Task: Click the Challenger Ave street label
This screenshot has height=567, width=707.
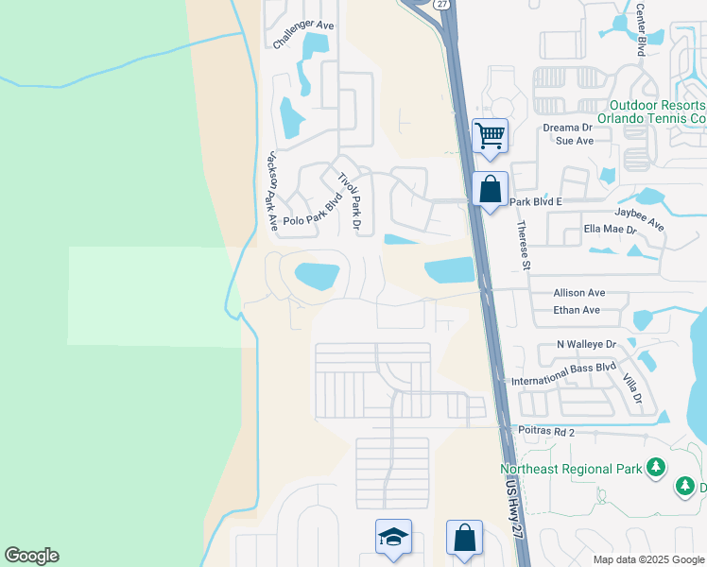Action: pyautogui.click(x=303, y=34)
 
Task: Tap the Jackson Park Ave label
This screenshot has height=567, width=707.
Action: pyautogui.click(x=272, y=191)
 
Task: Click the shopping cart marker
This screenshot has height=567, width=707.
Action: pyautogui.click(x=490, y=135)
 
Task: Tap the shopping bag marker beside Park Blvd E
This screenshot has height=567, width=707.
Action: pyautogui.click(x=491, y=188)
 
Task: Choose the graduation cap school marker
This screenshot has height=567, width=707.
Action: pyautogui.click(x=393, y=537)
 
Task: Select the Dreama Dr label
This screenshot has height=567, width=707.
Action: pyautogui.click(x=567, y=127)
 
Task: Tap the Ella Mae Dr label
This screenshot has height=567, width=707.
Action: pyautogui.click(x=612, y=229)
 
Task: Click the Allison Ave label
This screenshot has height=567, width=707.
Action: pyautogui.click(x=579, y=294)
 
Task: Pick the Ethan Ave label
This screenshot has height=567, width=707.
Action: pyautogui.click(x=578, y=310)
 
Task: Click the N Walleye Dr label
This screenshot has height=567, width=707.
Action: pyautogui.click(x=586, y=345)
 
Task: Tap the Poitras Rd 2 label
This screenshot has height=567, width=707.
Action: pyautogui.click(x=546, y=431)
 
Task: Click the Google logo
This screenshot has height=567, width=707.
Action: pyautogui.click(x=31, y=556)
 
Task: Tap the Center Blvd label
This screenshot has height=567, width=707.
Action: pyautogui.click(x=640, y=28)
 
